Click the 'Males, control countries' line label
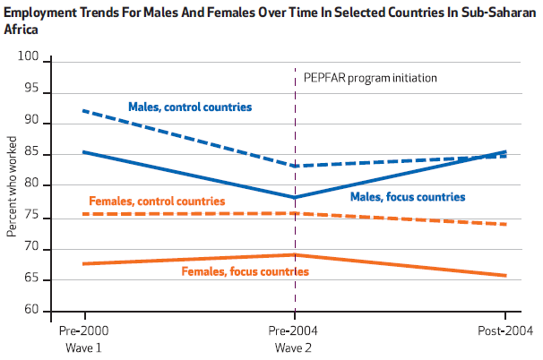click(x=189, y=107)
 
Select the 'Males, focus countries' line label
click(x=407, y=196)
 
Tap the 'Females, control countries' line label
click(x=157, y=201)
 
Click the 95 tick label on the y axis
click(x=33, y=90)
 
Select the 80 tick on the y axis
click(x=33, y=184)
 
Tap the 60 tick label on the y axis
click(x=33, y=310)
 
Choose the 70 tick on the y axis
click(x=33, y=247)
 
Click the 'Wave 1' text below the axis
click(x=85, y=347)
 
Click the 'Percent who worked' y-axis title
click(x=12, y=185)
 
